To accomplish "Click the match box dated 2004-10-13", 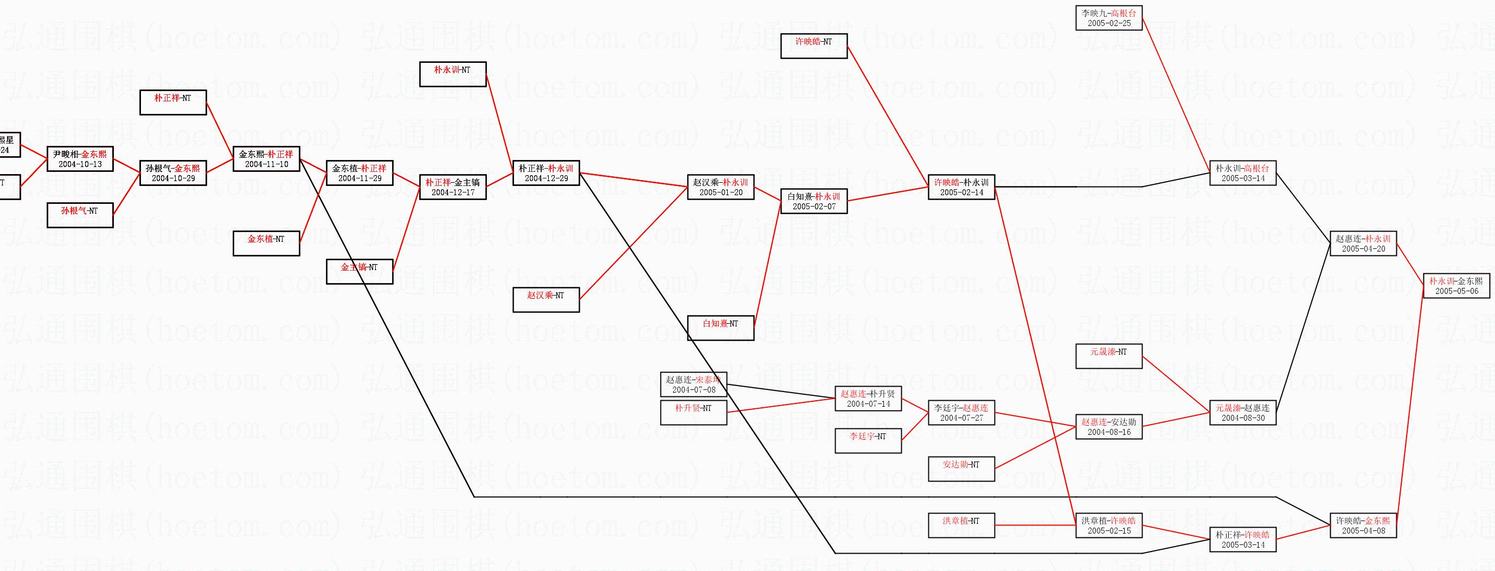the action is pyautogui.click(x=80, y=159).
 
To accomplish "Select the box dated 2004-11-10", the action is pyautogui.click(x=266, y=159).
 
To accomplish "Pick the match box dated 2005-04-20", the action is pyautogui.click(x=1363, y=243).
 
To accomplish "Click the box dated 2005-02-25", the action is pyautogui.click(x=1109, y=18).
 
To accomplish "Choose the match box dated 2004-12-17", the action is pyautogui.click(x=453, y=188).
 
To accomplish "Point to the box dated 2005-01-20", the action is pyautogui.click(x=721, y=188).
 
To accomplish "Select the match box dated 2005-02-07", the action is pyautogui.click(x=814, y=201).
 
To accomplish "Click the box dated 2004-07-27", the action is pyautogui.click(x=961, y=413).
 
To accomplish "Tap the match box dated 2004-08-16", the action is pyautogui.click(x=1109, y=427).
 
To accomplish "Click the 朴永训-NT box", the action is pyautogui.click(x=453, y=74).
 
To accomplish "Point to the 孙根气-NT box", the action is pyautogui.click(x=80, y=215).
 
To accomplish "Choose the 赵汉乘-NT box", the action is pyautogui.click(x=546, y=300).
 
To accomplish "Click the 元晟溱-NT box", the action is pyautogui.click(x=1109, y=356).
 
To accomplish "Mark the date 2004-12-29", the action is pyautogui.click(x=546, y=179).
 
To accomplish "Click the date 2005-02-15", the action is pyautogui.click(x=1109, y=531).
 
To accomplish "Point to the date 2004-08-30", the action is pyautogui.click(x=1243, y=418).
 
